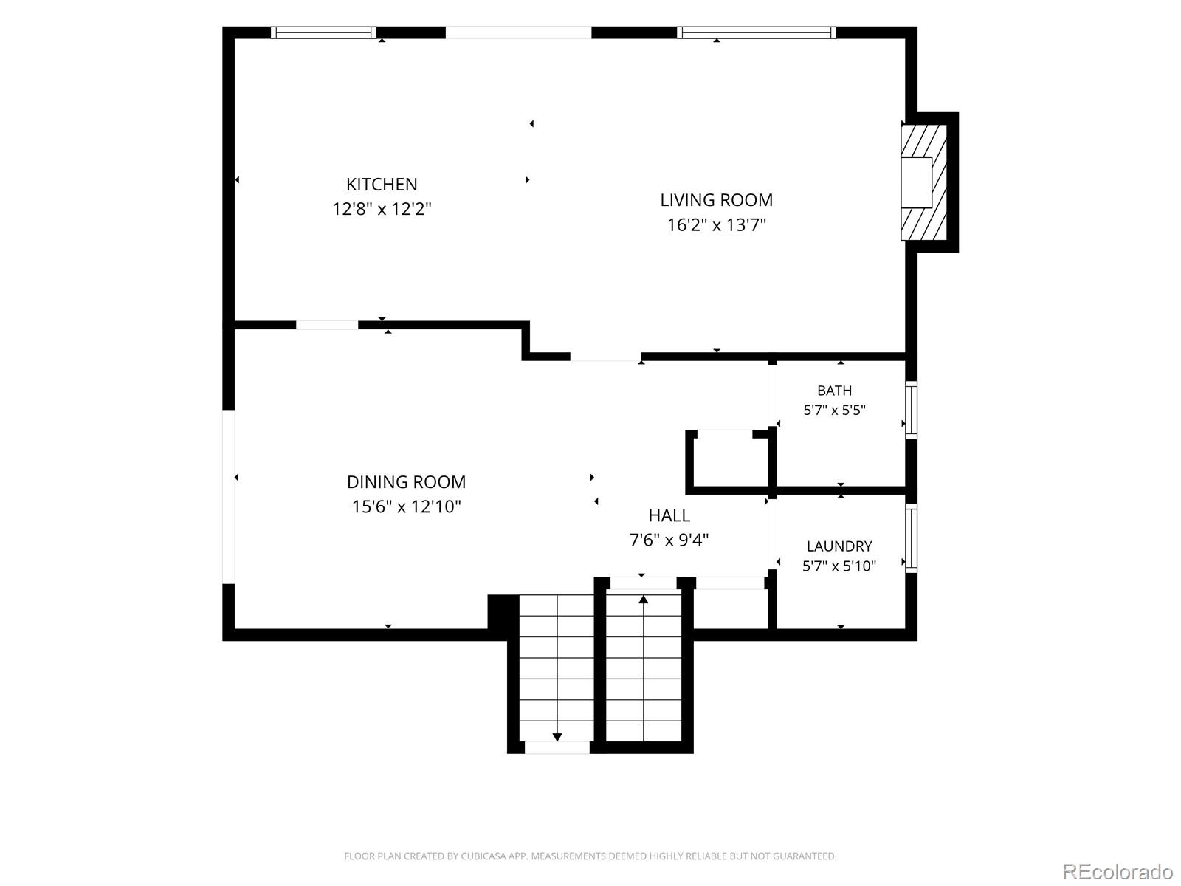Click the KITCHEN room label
point(382,185)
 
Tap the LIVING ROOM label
point(716,200)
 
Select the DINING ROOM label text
point(406,482)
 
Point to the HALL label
point(669,515)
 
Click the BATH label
point(835,391)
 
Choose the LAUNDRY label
point(839,546)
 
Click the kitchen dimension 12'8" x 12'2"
point(382,209)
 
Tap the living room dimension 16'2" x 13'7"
point(716,224)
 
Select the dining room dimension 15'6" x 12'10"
point(406,506)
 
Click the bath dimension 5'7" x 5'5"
point(835,411)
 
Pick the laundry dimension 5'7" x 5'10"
point(839,566)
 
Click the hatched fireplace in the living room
point(924,182)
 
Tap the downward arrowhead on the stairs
point(557,736)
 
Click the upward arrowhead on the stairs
point(644,599)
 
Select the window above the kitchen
point(323,32)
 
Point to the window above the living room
point(757,32)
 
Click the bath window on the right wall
point(911,410)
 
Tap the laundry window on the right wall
point(911,538)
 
